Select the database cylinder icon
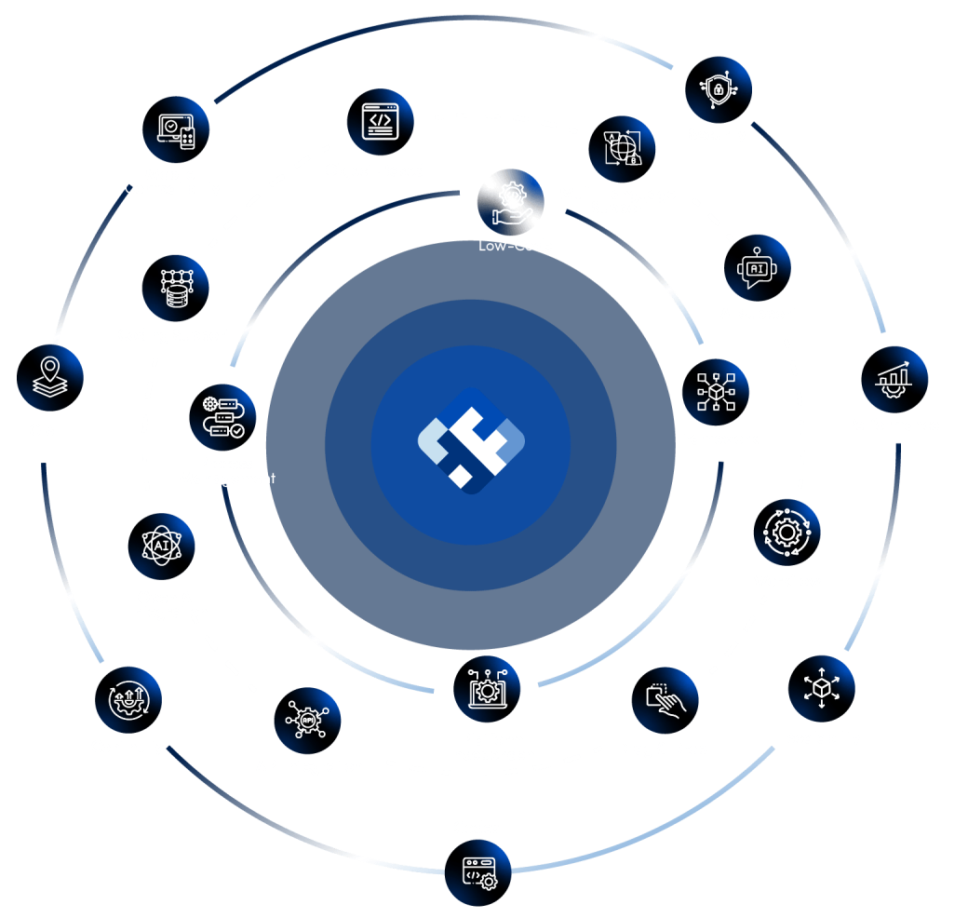pos(176,288)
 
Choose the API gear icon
pos(307,721)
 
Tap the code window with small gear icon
pos(478,875)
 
